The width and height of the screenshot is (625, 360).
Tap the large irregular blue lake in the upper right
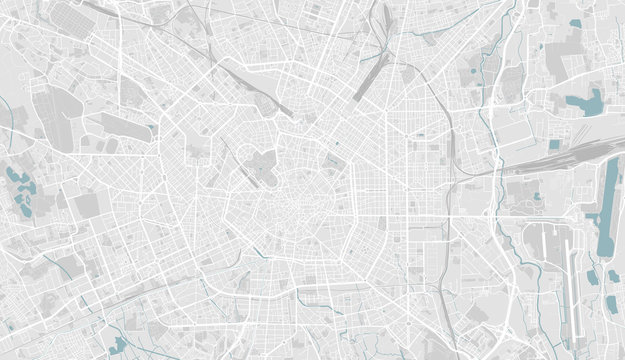click(585, 101)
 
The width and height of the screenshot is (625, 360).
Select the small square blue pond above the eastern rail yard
click(554, 145)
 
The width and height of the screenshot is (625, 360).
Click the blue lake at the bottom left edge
click(119, 345)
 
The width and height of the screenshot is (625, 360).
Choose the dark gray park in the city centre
click(262, 166)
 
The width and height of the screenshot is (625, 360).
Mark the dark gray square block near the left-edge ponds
click(88, 206)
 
